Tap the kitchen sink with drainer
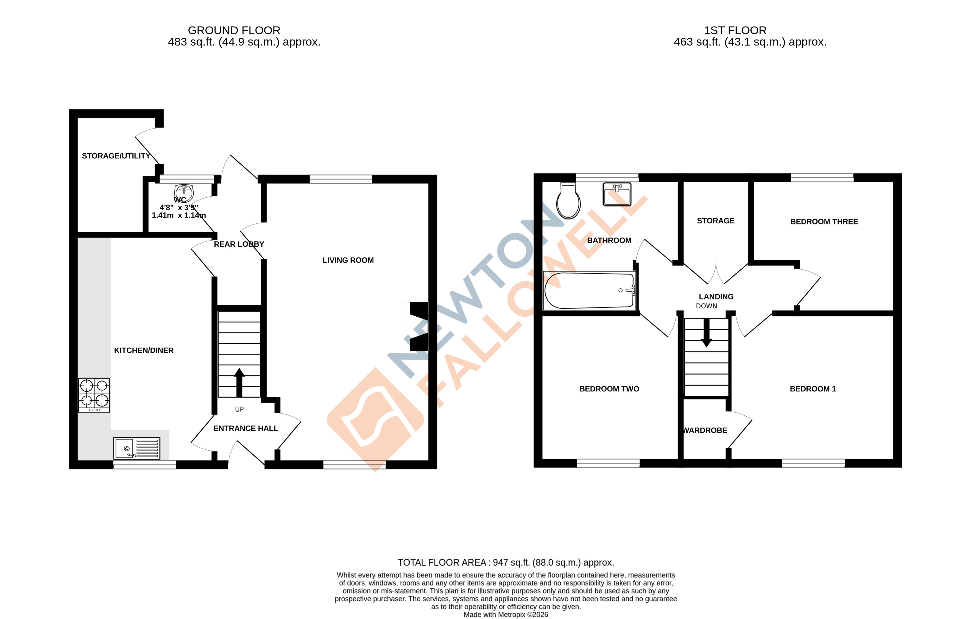click(137, 448)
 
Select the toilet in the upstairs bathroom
click(568, 201)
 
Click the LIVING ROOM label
click(348, 260)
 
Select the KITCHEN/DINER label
click(143, 350)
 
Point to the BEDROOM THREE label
click(824, 221)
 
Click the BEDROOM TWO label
click(609, 389)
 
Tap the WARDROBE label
click(705, 430)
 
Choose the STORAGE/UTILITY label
click(116, 156)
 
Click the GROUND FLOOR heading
click(234, 30)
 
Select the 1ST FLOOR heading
click(735, 30)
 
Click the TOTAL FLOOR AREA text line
click(506, 562)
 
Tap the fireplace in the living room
click(418, 326)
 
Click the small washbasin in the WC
click(184, 192)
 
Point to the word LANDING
click(716, 296)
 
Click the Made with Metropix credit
click(506, 615)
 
